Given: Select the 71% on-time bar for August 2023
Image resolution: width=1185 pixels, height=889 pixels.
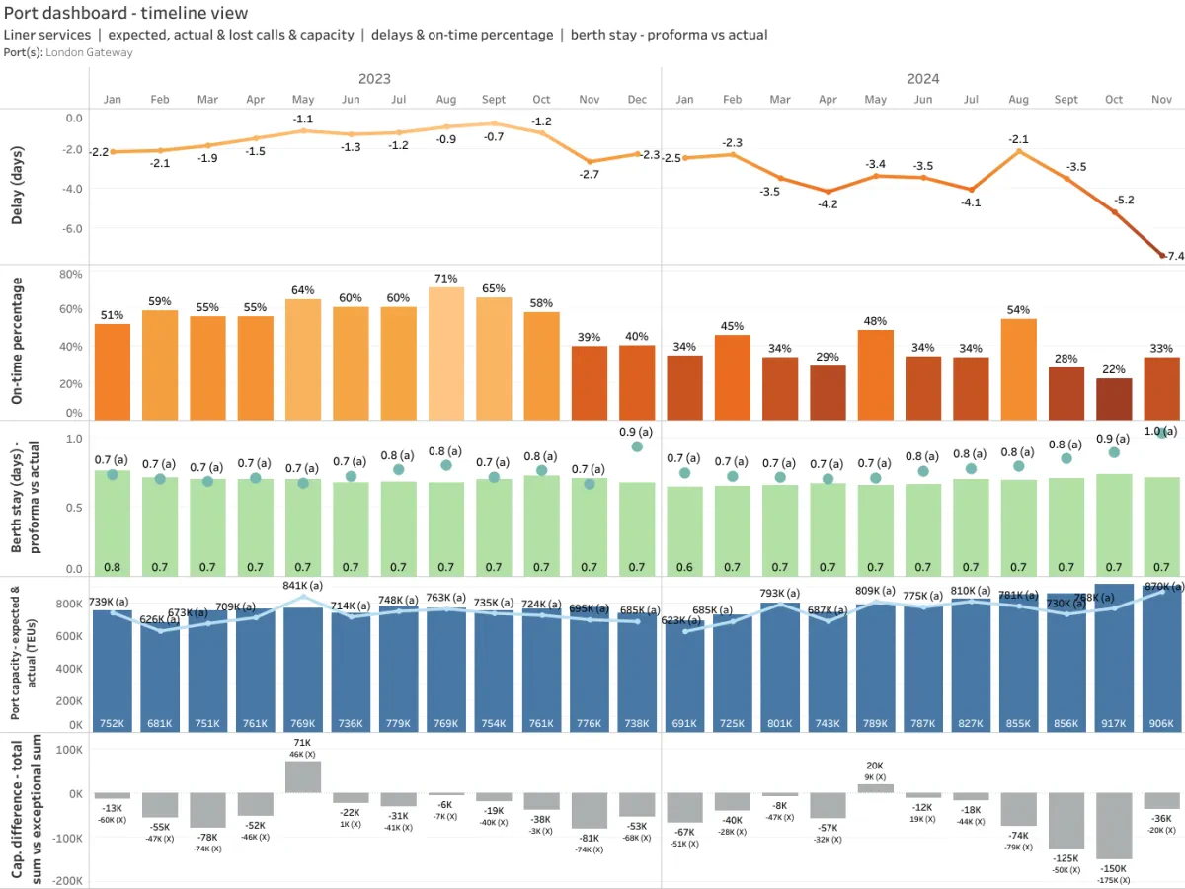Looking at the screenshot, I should pyautogui.click(x=446, y=354).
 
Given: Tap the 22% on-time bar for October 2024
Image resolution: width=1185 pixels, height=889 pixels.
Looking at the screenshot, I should pyautogui.click(x=1114, y=399).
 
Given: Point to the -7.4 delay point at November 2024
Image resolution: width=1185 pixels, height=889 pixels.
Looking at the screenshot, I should pyautogui.click(x=1162, y=256).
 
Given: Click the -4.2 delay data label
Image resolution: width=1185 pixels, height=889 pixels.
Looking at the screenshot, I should pyautogui.click(x=828, y=204).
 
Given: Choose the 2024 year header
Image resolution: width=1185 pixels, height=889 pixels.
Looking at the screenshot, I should pyautogui.click(x=923, y=79).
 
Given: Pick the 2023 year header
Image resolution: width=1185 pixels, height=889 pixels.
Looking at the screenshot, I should pyautogui.click(x=374, y=79).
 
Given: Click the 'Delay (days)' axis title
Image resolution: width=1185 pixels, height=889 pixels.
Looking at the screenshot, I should pyautogui.click(x=18, y=183).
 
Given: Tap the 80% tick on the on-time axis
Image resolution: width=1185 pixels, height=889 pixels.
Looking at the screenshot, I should pyautogui.click(x=71, y=274).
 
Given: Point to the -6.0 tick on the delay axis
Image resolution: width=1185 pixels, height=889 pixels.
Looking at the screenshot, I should pyautogui.click(x=73, y=228).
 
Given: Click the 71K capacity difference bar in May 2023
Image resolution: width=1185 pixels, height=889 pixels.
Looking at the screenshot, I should pyautogui.click(x=303, y=776).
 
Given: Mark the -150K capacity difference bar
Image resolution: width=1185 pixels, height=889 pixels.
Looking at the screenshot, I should pyautogui.click(x=1114, y=826).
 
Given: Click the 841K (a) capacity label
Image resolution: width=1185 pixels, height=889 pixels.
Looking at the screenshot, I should pyautogui.click(x=303, y=585).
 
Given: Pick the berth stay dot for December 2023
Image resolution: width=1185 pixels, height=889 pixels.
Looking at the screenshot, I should pyautogui.click(x=637, y=446).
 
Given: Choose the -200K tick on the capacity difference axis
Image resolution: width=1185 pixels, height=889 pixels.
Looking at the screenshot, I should pyautogui.click(x=67, y=881).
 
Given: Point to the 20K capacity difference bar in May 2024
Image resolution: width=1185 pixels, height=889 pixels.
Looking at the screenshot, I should pyautogui.click(x=875, y=788).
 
